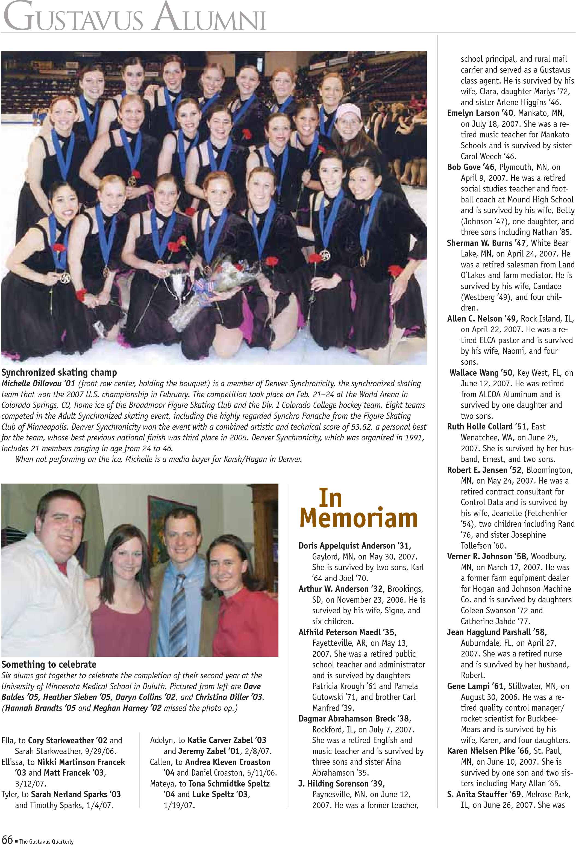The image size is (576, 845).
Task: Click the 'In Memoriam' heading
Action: pyautogui.click(x=358, y=509)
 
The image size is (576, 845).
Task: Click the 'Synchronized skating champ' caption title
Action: pyautogui.click(x=59, y=372)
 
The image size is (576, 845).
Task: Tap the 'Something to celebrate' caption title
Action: pyautogui.click(x=49, y=664)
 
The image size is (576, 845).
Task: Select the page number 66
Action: pyautogui.click(x=7, y=840)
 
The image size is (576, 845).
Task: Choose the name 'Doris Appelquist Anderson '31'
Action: pyautogui.click(x=355, y=546)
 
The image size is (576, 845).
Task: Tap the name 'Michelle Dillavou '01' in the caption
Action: pyautogui.click(x=38, y=384)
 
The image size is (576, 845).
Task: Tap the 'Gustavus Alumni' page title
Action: pyautogui.click(x=134, y=17)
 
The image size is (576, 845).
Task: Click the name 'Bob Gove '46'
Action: pyautogui.click(x=471, y=167)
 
